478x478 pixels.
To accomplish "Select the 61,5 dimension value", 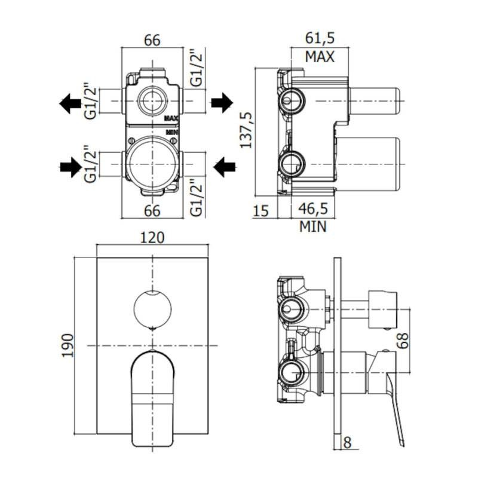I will tap(319, 39).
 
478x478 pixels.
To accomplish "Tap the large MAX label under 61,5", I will tap(319, 57).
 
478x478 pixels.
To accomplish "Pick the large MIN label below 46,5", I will tap(313, 227).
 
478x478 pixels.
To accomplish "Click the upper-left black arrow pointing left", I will tap(71, 103).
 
